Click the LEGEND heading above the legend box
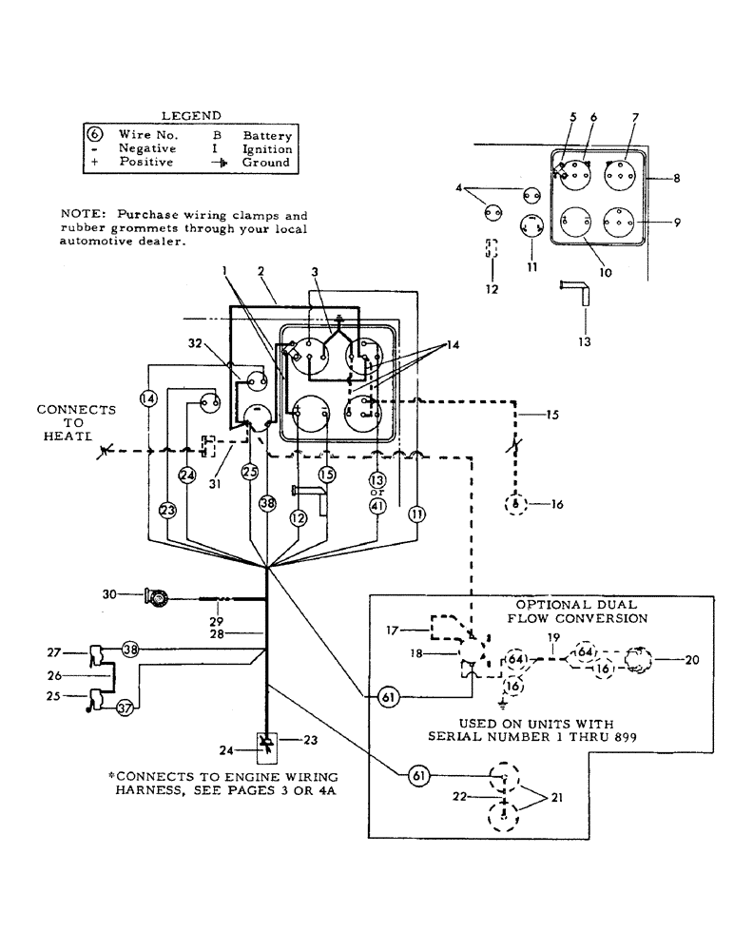191,115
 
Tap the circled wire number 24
187,474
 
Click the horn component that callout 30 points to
154,597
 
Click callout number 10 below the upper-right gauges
605,271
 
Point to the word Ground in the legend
266,163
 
